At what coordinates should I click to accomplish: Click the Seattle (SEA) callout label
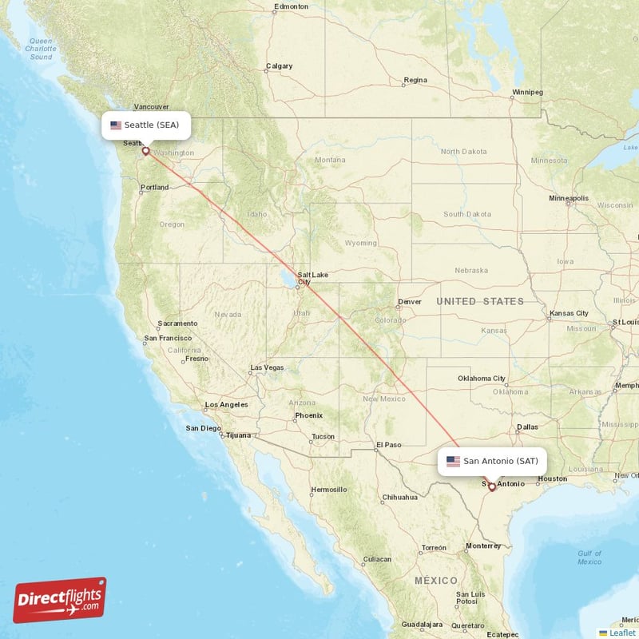pos(149,125)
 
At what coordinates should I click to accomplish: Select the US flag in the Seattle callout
pos(116,125)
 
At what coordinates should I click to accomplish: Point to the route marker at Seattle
pos(145,150)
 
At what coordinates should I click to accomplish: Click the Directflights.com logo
pos(60,600)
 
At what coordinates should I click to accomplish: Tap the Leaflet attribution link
pos(622,633)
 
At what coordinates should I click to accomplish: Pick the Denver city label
pos(409,302)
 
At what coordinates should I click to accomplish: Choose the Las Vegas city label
pos(267,368)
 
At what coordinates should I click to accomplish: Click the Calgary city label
pos(279,66)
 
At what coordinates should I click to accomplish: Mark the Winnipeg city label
pos(527,92)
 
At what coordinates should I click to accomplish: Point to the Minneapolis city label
pos(569,197)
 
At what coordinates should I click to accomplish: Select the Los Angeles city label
pos(227,404)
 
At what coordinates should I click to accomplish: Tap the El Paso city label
pos(388,445)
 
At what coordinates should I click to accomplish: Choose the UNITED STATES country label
pos(479,301)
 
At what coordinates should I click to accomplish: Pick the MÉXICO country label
pos(436,581)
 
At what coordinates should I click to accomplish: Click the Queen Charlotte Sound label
pos(39,49)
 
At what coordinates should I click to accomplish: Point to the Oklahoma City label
pos(482,379)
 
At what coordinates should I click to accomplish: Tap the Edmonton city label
pos(291,6)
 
